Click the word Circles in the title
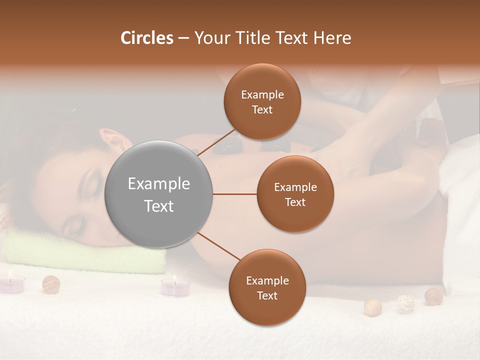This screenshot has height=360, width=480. coord(147,38)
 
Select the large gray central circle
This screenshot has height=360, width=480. coord(159,194)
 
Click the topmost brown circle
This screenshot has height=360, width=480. coord(262,101)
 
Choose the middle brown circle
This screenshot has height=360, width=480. coord(295,194)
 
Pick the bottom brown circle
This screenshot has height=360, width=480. coord(267,287)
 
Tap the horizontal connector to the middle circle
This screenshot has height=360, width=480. coord(235,194)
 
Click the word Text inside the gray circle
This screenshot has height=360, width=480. coord(159,205)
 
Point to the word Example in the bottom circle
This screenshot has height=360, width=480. coord(267,280)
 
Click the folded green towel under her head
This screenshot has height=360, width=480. coord(85,252)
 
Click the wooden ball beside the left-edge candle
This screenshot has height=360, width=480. coord(51,284)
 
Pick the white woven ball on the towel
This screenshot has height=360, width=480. coord(405,303)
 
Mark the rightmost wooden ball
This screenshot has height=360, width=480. coord(433,296)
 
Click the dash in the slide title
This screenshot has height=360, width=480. coord(183,38)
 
